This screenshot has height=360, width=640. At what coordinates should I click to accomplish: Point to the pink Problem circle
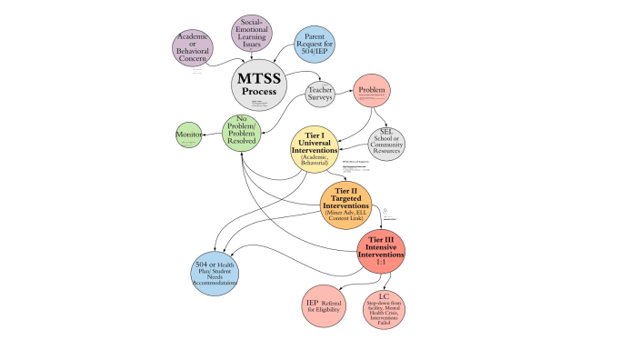tap(372, 91)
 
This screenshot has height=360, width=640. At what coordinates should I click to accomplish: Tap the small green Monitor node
tap(189, 135)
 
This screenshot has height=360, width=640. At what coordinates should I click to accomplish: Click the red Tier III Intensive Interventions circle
tap(381, 254)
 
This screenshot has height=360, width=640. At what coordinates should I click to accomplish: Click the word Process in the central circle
tap(259, 92)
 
